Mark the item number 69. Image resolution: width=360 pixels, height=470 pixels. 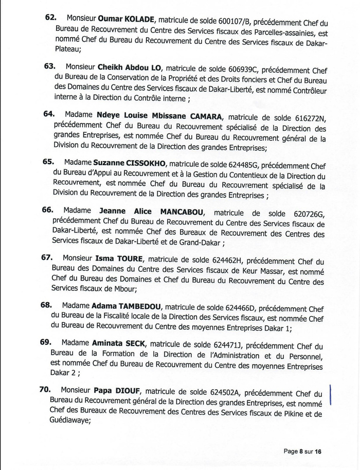[x=45, y=342]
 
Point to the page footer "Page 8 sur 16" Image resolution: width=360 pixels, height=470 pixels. [x=302, y=451]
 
